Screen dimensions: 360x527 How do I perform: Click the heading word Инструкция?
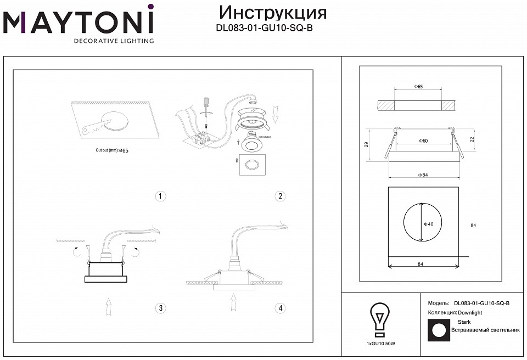pyautogui.click(x=273, y=13)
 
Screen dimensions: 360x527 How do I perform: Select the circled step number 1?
pyautogui.click(x=160, y=196)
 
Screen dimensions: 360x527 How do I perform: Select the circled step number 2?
pyautogui.click(x=281, y=196)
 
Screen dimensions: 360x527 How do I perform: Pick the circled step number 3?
pyautogui.click(x=160, y=308)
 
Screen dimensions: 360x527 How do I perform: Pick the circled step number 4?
pyautogui.click(x=281, y=308)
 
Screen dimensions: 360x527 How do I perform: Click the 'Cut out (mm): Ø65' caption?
pyautogui.click(x=111, y=150)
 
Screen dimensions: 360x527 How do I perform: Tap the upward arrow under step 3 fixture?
pyautogui.click(x=109, y=305)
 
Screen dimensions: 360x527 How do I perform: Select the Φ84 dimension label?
pyautogui.click(x=423, y=175)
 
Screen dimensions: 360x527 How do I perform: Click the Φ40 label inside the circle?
pyautogui.click(x=429, y=224)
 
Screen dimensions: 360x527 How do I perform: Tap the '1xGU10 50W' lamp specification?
pyautogui.click(x=380, y=344)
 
